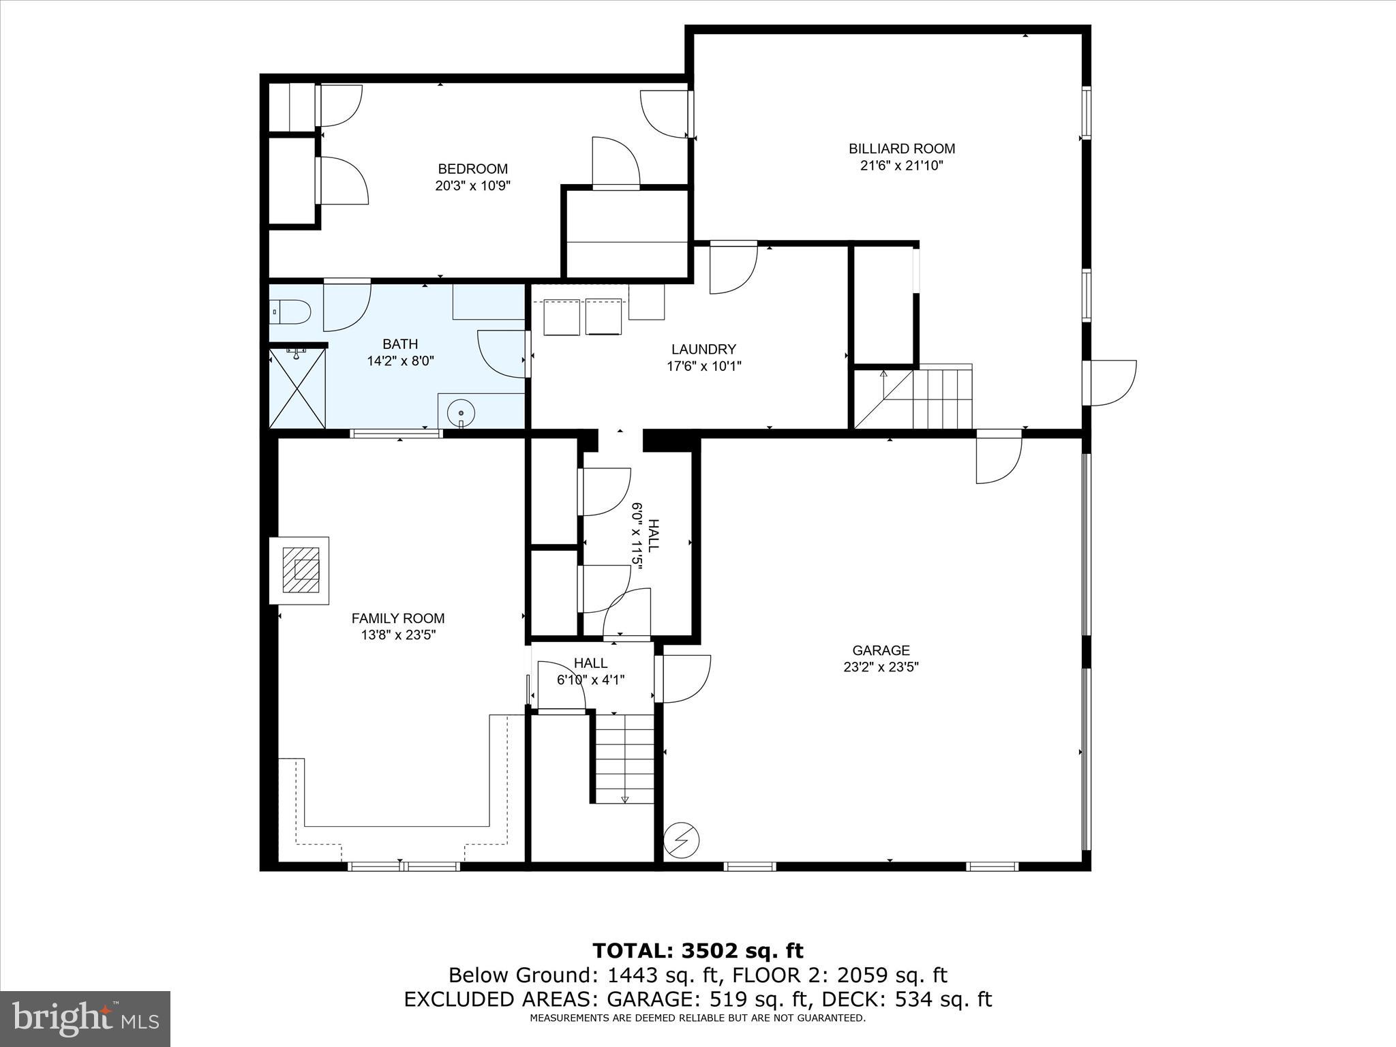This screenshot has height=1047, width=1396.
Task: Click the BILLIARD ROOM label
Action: (x=901, y=149)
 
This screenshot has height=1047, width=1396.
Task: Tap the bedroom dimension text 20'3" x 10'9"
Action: (x=472, y=185)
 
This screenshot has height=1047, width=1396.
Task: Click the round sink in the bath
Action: (x=461, y=413)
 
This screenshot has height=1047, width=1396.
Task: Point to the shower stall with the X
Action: (x=297, y=389)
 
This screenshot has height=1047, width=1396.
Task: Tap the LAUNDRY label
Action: (x=703, y=350)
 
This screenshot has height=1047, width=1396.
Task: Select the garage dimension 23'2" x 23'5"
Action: (x=881, y=667)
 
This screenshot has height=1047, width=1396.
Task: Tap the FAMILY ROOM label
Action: (x=398, y=618)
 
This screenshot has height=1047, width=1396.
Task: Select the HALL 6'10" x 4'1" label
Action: (x=590, y=671)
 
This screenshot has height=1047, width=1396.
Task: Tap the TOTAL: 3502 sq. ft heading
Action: (x=697, y=951)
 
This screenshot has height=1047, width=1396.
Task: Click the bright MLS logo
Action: (x=85, y=1018)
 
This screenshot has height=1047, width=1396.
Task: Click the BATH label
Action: (x=400, y=344)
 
